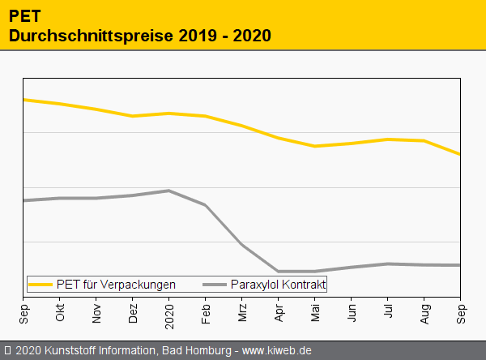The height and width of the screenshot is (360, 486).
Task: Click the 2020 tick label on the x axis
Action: [169, 312]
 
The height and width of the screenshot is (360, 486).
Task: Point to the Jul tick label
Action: [388, 313]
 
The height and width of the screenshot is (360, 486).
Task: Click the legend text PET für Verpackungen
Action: [116, 285]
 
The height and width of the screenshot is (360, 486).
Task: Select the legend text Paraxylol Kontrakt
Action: [278, 285]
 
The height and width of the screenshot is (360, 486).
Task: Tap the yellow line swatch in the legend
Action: [40, 285]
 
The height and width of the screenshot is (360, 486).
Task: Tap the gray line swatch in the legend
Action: [215, 285]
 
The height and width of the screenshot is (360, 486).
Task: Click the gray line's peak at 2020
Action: [168, 191]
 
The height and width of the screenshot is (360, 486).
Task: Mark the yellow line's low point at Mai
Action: [315, 146]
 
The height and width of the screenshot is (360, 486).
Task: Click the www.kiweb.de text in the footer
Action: [276, 351]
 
